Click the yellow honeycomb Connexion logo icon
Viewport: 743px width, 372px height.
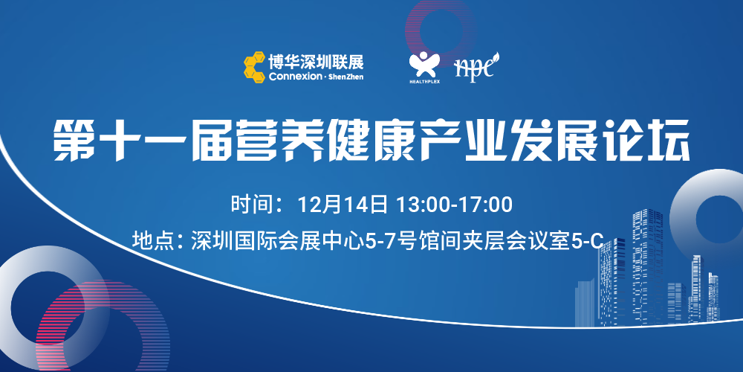coord(254,68)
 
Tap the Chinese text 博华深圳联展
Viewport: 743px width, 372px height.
coord(316,62)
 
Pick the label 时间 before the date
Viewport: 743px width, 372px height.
coord(250,205)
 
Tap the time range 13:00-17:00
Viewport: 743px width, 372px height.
coord(454,205)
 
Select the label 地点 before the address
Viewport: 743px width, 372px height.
coord(151,241)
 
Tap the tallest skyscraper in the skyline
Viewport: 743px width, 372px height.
coord(648,266)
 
